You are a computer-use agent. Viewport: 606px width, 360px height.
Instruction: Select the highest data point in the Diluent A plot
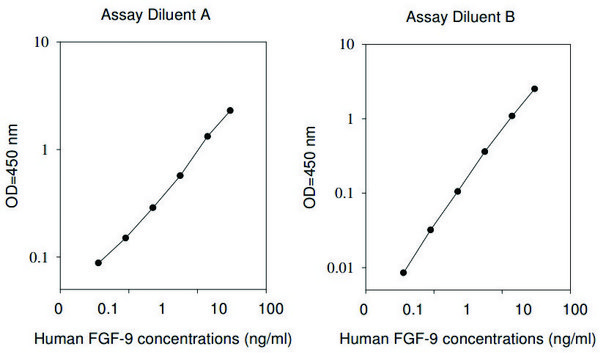click(230, 110)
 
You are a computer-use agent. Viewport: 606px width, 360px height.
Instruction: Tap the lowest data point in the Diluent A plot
click(98, 263)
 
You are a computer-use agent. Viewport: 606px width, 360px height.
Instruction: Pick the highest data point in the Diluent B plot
click(535, 88)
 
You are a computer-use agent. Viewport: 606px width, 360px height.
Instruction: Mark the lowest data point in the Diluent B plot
click(403, 272)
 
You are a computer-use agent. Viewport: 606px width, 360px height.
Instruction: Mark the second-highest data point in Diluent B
click(512, 116)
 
